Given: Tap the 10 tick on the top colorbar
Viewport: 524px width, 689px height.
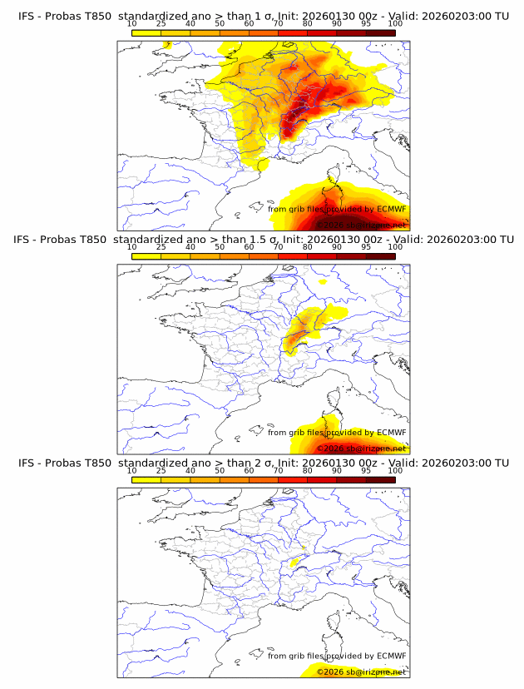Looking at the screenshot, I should point(132,24).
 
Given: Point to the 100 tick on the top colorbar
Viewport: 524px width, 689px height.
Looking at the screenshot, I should point(394,24).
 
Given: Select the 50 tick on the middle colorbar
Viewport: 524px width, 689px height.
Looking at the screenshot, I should point(220,247).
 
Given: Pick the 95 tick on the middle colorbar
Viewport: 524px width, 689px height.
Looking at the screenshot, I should point(366,247).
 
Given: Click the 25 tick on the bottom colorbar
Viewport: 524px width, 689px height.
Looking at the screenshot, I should point(161,470).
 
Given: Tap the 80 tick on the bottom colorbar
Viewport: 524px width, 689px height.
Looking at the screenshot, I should point(308,470).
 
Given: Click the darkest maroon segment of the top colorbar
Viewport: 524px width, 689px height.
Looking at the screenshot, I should point(380,33).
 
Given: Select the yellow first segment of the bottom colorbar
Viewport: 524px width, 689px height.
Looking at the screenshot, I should point(146,479).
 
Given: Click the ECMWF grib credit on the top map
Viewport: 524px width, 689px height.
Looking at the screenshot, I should point(337,210).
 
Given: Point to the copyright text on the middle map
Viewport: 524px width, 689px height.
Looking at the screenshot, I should point(361,449).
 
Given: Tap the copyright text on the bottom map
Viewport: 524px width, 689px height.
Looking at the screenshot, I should point(361,672).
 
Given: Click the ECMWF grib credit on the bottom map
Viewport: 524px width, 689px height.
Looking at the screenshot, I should point(337,656).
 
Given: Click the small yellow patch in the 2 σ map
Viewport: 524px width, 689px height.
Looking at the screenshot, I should point(294,563).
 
